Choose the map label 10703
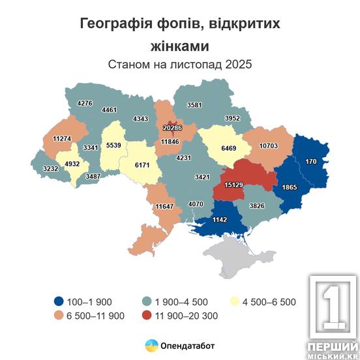pos(268,145)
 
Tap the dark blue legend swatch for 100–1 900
pos(60,301)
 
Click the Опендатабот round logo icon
pos(150,345)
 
